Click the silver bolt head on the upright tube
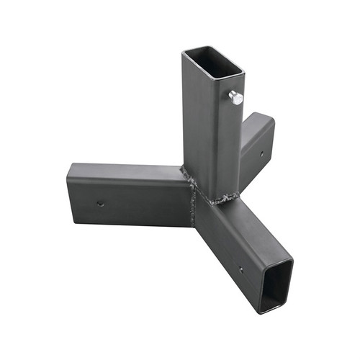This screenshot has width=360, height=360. [x=236, y=98]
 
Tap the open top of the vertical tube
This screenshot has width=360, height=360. [x=213, y=62]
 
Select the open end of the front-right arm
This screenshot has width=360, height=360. [x=276, y=283]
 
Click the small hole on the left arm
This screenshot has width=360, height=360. [x=101, y=204]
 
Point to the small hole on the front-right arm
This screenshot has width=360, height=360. [x=240, y=271]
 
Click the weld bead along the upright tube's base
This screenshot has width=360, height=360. [x=220, y=199]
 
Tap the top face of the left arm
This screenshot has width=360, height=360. [x=126, y=171]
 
